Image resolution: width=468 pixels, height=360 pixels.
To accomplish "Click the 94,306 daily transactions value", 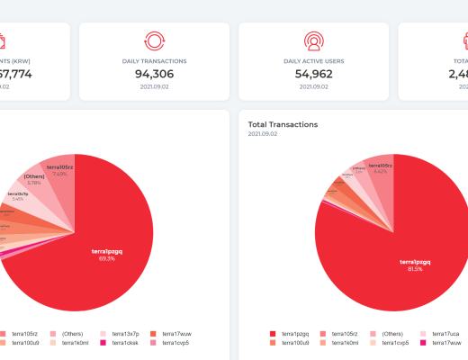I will (x=154, y=75).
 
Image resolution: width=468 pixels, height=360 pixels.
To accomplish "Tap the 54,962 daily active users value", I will (x=313, y=75).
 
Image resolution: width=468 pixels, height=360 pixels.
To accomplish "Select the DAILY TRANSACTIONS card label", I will (x=154, y=61).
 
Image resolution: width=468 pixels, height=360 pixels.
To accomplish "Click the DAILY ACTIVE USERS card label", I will (x=313, y=61).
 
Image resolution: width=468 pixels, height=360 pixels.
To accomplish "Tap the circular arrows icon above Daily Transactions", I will (x=154, y=41).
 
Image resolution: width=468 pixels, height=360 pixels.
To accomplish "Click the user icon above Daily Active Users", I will (x=313, y=41).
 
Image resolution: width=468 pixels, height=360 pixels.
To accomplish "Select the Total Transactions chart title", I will (x=283, y=124).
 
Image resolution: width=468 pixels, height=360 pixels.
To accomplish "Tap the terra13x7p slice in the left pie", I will (x=20, y=195).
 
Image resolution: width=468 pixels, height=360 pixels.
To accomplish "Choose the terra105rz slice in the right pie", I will (x=380, y=168).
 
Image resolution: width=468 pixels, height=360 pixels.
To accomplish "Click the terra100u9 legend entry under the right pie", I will (x=292, y=343).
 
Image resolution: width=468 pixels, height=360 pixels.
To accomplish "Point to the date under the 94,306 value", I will (x=154, y=87).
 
